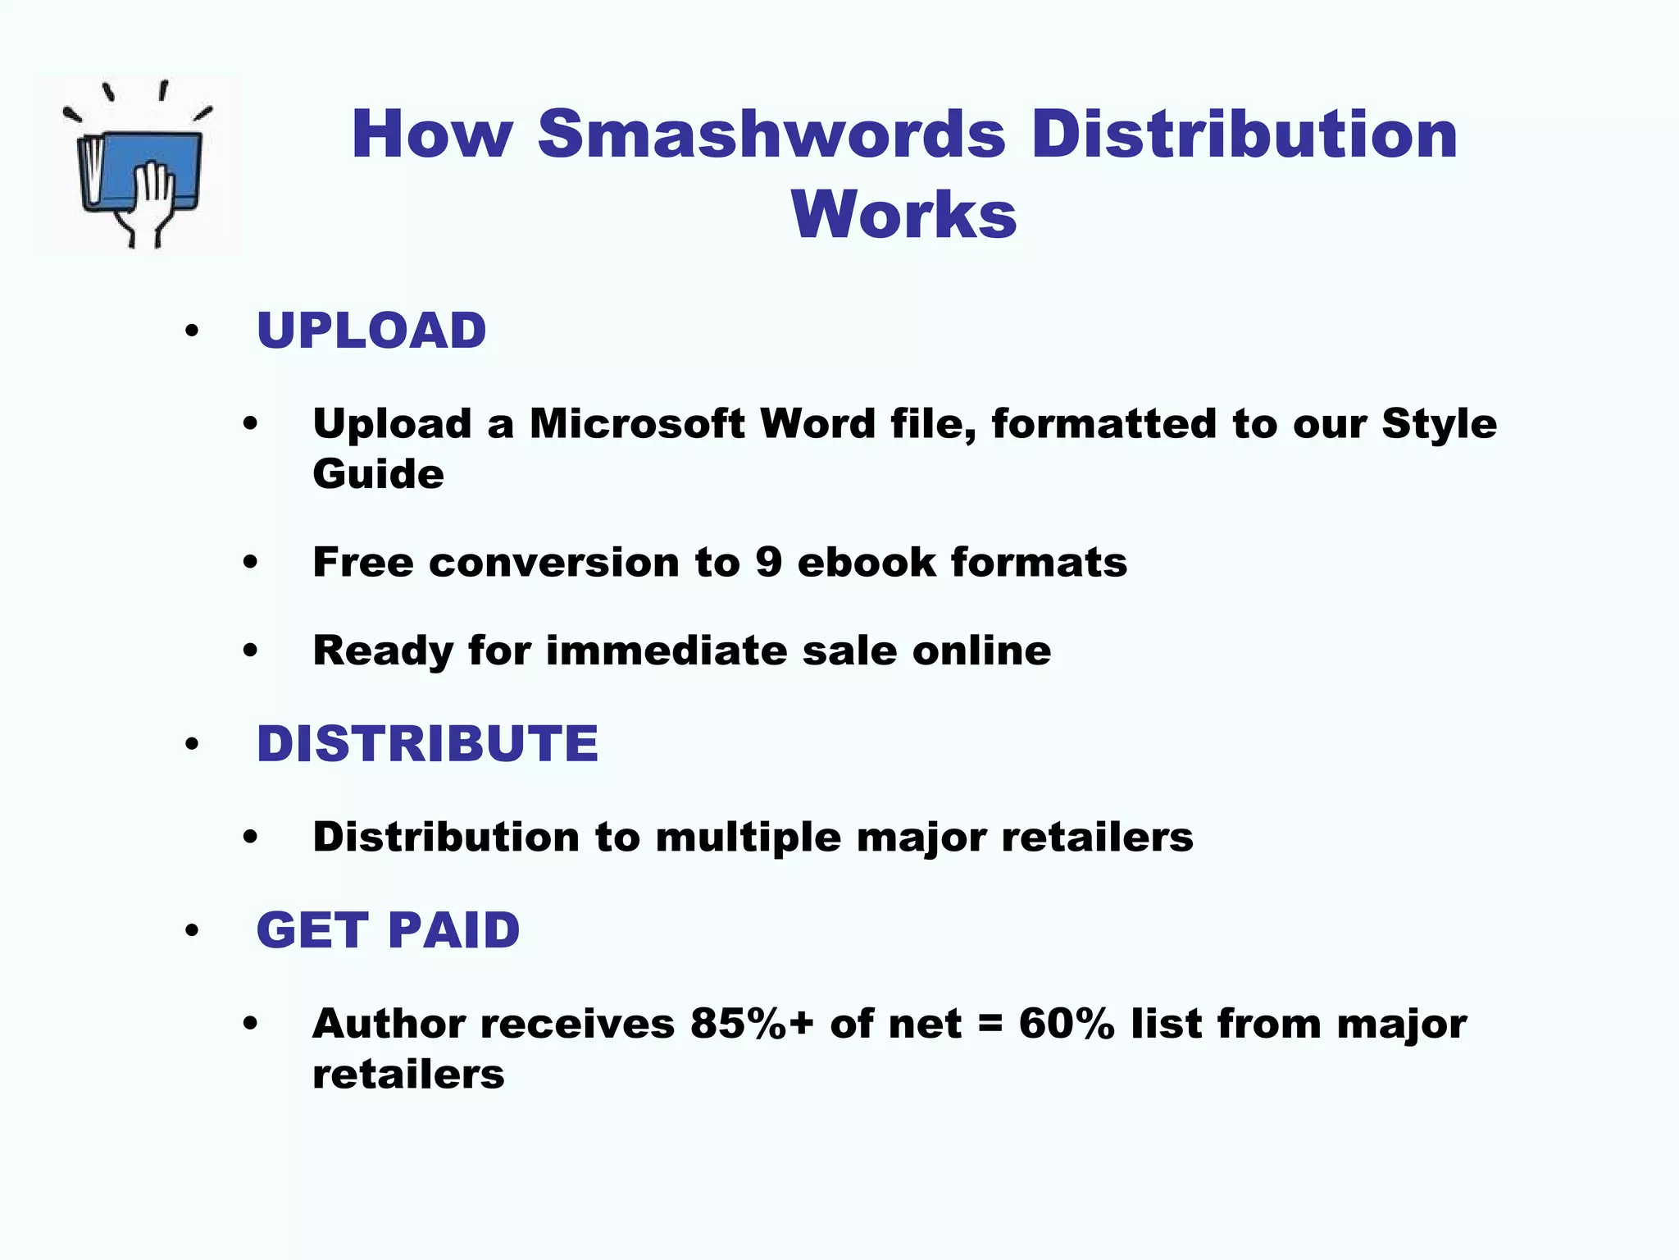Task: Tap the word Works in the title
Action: (x=903, y=214)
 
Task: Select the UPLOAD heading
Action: (x=371, y=331)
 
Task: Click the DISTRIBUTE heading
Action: (x=427, y=744)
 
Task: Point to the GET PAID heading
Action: (x=388, y=930)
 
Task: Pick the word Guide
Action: (x=378, y=474)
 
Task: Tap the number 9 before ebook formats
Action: (x=768, y=563)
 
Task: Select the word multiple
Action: (x=748, y=838)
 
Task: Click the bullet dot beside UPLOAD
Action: (x=192, y=331)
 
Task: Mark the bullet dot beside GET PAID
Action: (x=192, y=931)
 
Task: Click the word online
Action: (x=981, y=651)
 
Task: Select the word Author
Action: (x=389, y=1024)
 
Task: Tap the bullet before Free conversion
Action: (x=250, y=563)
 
